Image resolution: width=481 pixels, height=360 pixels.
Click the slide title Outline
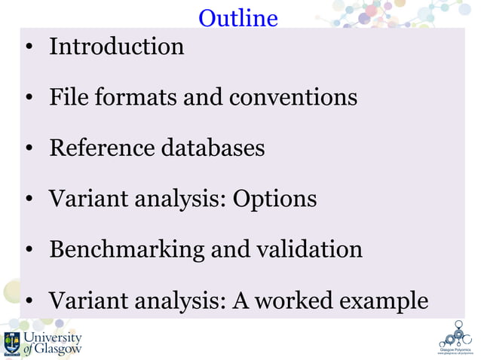238,17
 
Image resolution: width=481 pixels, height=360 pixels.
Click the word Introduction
116,47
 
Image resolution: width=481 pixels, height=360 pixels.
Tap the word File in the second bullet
68,97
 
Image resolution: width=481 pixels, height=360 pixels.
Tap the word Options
274,200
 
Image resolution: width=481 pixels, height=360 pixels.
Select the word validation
308,249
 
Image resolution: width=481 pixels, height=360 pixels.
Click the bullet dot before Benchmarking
28,251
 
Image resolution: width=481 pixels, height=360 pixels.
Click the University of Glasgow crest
12,343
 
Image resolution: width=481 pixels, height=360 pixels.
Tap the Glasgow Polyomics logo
455,338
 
